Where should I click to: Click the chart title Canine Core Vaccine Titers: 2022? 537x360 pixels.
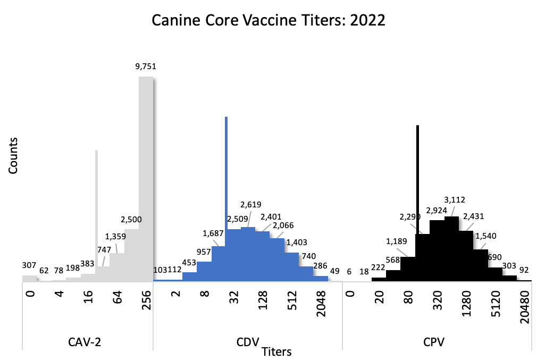268,21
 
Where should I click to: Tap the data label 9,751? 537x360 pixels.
146,66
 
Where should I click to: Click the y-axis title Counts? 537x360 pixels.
14,155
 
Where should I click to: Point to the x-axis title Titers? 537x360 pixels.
276,351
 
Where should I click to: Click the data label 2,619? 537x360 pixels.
251,205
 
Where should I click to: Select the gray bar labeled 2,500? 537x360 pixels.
131,255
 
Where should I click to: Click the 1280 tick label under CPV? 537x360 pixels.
466,304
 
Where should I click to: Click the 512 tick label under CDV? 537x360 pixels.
291,300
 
